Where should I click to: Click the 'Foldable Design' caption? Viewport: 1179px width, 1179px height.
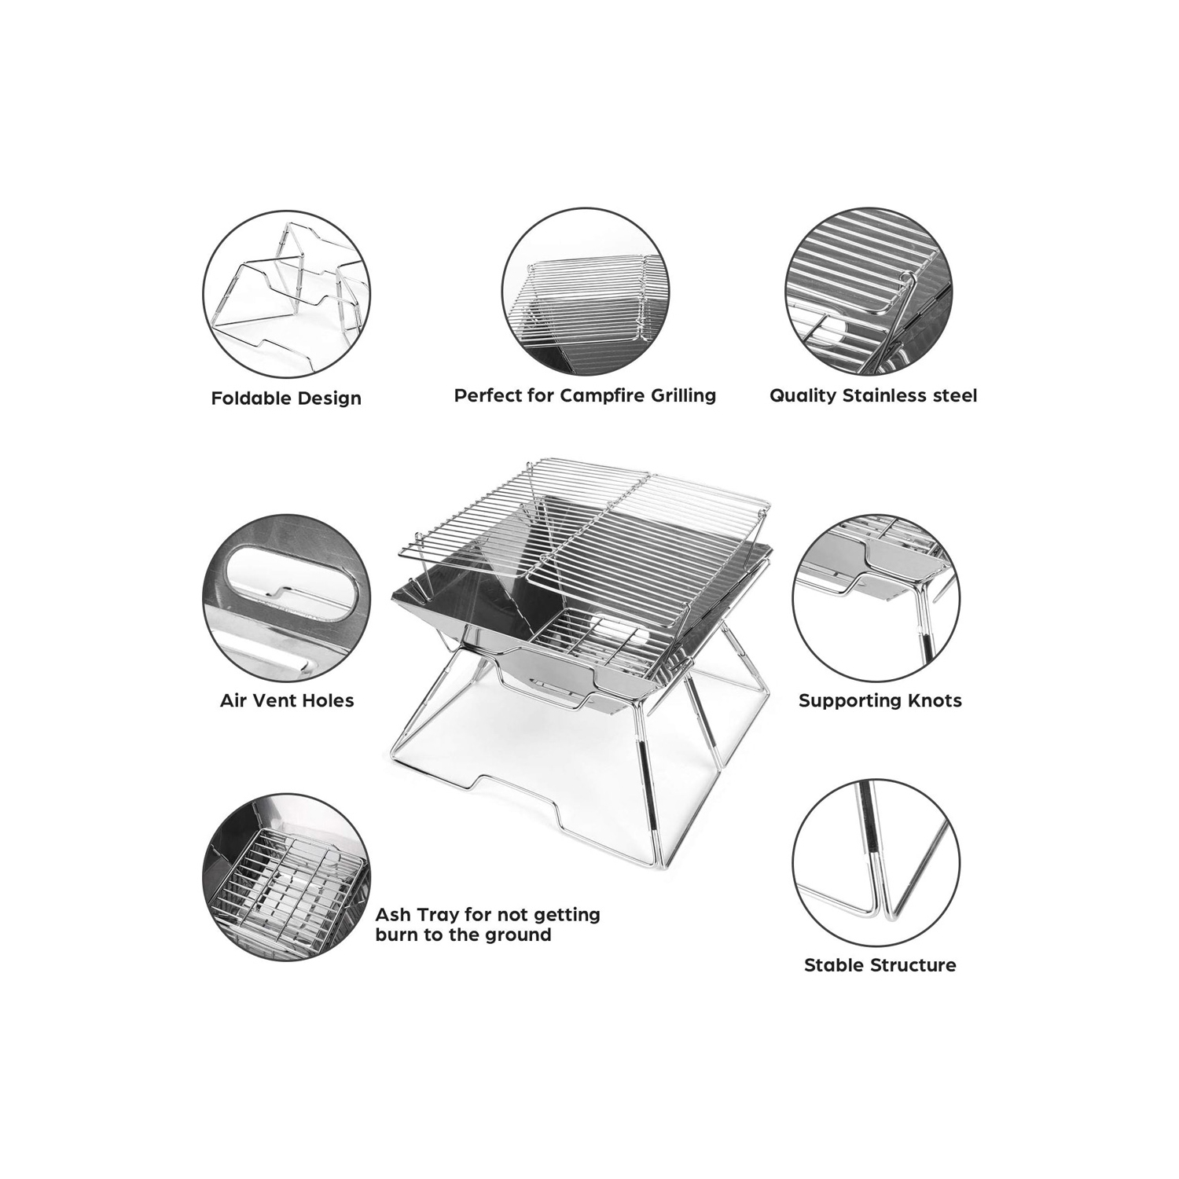[x=286, y=399]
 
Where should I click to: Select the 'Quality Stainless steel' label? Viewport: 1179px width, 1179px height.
[x=873, y=395]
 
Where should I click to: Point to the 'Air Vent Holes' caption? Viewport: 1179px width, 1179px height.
[x=287, y=700]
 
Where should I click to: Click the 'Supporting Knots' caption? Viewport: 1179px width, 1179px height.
[x=880, y=700]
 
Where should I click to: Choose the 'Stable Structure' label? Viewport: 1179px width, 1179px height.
[x=880, y=965]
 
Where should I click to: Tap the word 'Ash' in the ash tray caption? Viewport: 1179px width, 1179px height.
[x=392, y=915]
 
